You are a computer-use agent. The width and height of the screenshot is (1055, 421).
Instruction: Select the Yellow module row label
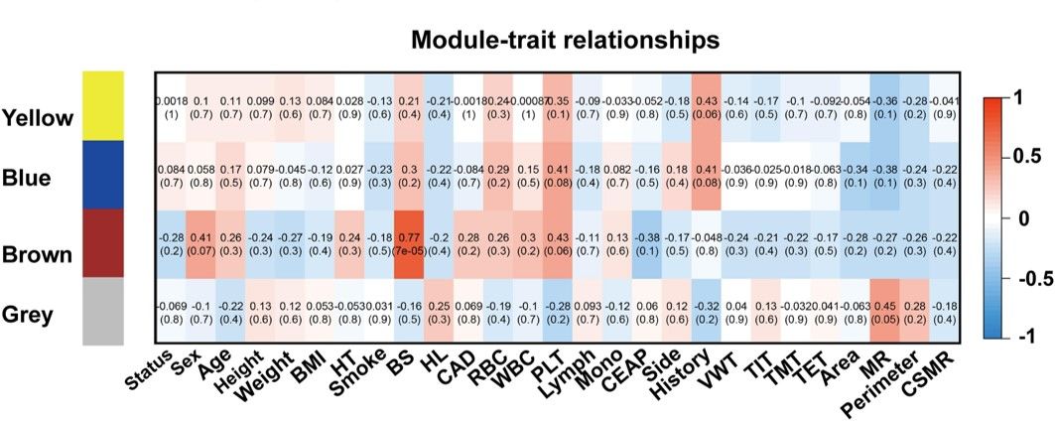tap(39, 119)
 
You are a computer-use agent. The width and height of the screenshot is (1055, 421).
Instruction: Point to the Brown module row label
tap(38, 255)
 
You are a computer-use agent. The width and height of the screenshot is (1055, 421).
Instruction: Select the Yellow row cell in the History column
tap(709, 106)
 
